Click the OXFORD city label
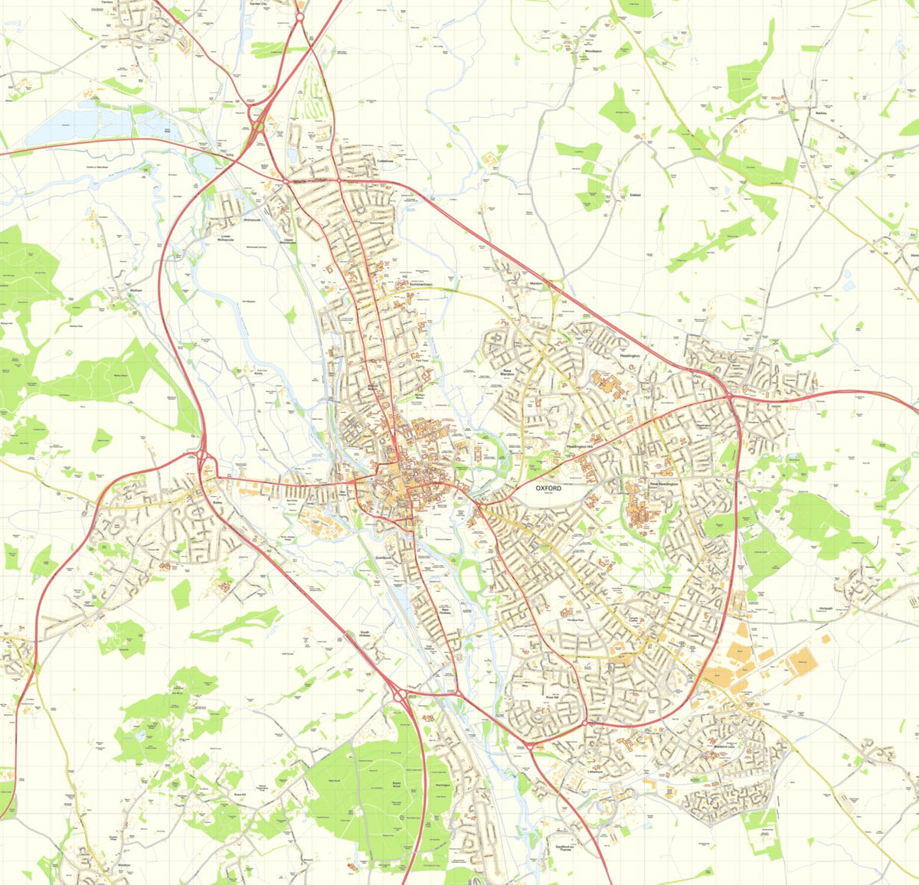(x=548, y=487)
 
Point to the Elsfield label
(x=634, y=195)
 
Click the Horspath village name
(x=825, y=608)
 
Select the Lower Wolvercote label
(x=225, y=238)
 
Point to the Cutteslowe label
(x=385, y=161)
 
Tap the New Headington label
(x=664, y=485)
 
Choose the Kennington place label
(x=442, y=785)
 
